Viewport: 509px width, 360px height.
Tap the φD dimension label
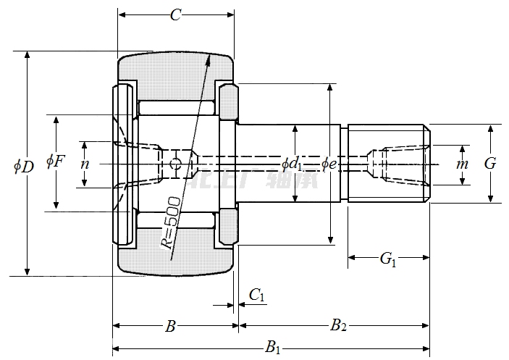click(23, 166)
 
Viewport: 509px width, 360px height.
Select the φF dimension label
click(56, 161)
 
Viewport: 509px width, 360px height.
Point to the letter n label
click(85, 164)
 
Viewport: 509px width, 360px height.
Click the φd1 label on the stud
click(293, 164)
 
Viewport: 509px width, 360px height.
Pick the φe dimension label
click(329, 164)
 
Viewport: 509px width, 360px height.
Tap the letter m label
click(462, 164)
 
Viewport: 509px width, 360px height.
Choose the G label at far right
click(490, 164)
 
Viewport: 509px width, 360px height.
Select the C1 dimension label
click(256, 294)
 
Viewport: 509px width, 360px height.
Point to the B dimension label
click(170, 326)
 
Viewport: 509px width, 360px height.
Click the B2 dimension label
click(338, 326)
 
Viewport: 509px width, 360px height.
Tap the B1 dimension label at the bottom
click(272, 348)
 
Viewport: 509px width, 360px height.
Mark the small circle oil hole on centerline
click(174, 164)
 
